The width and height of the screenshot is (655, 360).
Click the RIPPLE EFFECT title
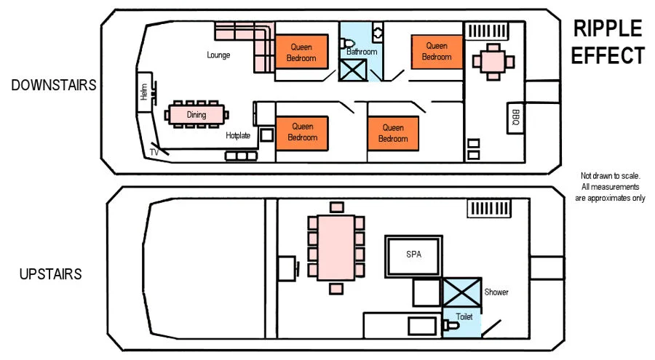608,41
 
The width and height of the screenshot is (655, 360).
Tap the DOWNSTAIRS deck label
54,85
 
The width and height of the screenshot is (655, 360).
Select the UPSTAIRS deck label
50,274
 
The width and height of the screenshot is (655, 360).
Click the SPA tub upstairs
413,256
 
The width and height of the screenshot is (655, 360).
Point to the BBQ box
515,119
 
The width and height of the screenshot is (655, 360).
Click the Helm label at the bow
144,92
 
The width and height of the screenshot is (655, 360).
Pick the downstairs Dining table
196,114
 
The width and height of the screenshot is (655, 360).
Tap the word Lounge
218,55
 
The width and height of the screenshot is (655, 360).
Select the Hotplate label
238,135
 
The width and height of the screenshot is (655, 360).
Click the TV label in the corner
154,153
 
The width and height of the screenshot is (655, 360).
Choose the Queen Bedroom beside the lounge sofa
301,52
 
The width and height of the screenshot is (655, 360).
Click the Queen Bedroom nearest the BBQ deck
437,52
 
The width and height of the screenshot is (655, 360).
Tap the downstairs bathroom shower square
353,70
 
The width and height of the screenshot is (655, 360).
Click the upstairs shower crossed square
461,292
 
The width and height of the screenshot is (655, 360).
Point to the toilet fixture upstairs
450,325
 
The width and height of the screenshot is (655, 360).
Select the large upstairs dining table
336,248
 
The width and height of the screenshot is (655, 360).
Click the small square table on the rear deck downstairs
493,62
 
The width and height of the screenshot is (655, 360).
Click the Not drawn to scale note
611,187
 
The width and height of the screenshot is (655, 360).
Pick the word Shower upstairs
496,292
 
